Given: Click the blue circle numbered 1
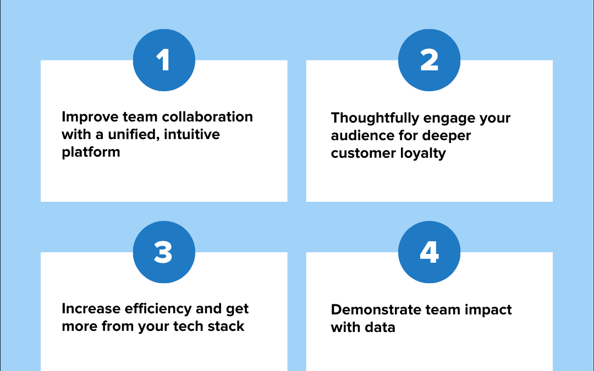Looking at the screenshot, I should [x=164, y=60].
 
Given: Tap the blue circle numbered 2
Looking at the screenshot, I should [x=429, y=60].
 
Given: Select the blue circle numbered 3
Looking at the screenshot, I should [x=164, y=252].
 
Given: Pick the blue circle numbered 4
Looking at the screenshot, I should [x=429, y=252].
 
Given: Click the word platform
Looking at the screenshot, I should [x=91, y=152].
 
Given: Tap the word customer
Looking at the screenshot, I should [x=361, y=153].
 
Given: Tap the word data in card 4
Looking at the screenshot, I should [x=380, y=327].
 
